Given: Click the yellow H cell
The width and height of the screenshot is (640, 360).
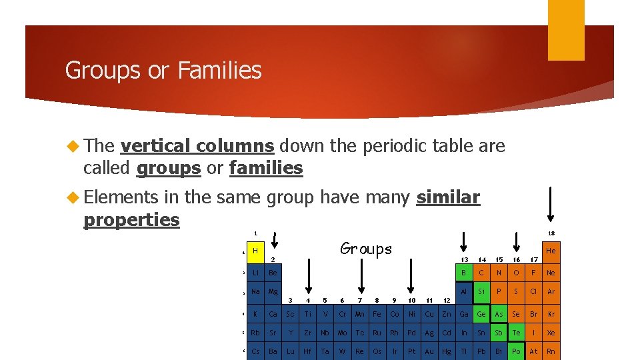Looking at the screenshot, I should [255, 251].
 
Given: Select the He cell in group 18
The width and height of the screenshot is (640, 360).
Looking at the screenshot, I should [551, 251].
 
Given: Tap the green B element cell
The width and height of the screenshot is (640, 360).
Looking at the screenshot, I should [464, 272].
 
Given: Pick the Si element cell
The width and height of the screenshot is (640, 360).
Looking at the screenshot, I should [481, 291].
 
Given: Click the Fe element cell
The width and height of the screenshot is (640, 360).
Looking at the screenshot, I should [377, 314].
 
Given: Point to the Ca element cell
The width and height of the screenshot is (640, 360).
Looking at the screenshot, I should [273, 314].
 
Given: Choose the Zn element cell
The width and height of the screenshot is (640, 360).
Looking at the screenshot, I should [446, 314].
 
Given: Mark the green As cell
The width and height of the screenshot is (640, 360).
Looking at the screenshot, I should [499, 314].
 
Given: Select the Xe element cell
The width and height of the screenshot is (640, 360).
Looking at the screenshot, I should [551, 333].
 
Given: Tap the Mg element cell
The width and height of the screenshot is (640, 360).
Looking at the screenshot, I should [273, 291].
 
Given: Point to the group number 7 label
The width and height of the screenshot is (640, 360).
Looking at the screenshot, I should [360, 301].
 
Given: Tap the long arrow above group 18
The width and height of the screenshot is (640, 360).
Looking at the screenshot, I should [551, 203].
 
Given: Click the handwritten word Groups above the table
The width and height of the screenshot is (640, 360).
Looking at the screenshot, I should [366, 249].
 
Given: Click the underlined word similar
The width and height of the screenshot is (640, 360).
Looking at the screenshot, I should [447, 197].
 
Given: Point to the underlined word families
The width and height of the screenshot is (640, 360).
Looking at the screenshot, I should [265, 168].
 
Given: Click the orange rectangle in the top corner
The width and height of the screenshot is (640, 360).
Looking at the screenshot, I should [566, 30].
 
